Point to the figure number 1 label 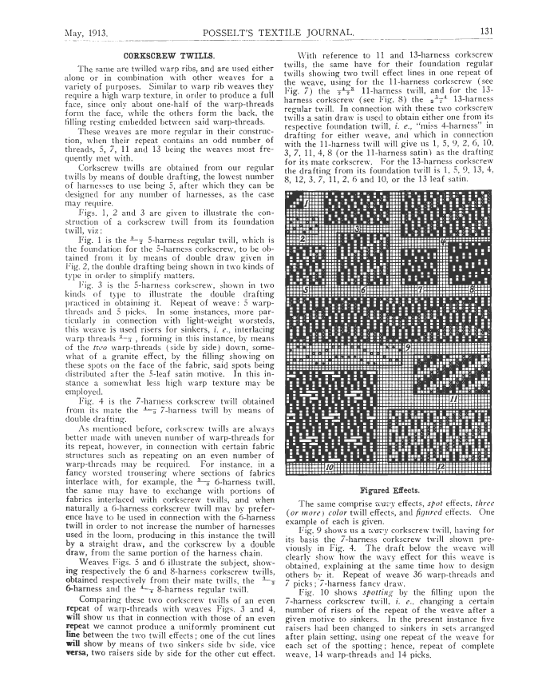pyautogui.click(x=306, y=205)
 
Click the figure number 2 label pyautogui.click(x=302, y=238)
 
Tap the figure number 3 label pyautogui.click(x=357, y=229)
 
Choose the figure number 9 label pyautogui.click(x=407, y=348)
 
